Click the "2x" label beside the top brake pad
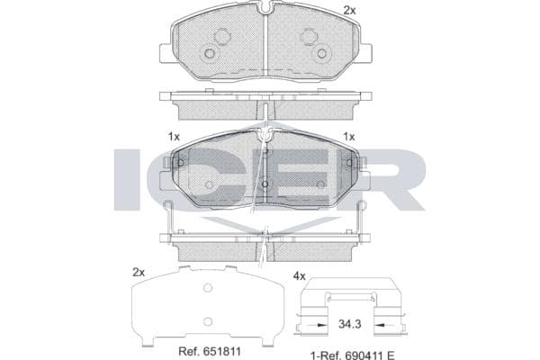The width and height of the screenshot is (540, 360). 349,11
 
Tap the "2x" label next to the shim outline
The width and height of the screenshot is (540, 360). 139,273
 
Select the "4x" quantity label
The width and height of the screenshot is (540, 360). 300,276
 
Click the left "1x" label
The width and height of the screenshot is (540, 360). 174,137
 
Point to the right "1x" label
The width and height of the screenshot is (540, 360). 349,137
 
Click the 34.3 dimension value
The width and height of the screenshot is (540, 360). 349,324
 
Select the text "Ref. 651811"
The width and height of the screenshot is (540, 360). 210,351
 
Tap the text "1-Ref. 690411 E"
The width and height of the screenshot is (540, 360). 352,355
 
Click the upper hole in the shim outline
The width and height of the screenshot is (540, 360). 208,288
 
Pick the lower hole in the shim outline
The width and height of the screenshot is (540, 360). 208,322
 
